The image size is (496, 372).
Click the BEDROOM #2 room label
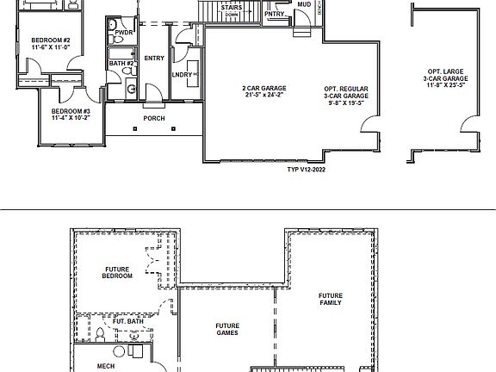[50, 40]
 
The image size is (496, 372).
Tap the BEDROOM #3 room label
[71, 111]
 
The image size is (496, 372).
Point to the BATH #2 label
[121, 63]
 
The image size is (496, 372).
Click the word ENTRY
[154, 59]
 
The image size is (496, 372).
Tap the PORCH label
[154, 118]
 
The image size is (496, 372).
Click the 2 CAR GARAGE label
[263, 88]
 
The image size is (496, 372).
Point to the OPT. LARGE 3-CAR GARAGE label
[446, 78]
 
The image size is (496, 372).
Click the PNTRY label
[275, 14]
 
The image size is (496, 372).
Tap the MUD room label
[303, 4]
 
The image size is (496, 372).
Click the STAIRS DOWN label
[231, 11]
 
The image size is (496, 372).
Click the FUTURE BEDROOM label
[118, 272]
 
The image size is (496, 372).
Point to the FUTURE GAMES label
[226, 329]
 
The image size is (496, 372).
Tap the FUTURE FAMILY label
[330, 299]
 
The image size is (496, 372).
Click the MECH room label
[106, 366]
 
